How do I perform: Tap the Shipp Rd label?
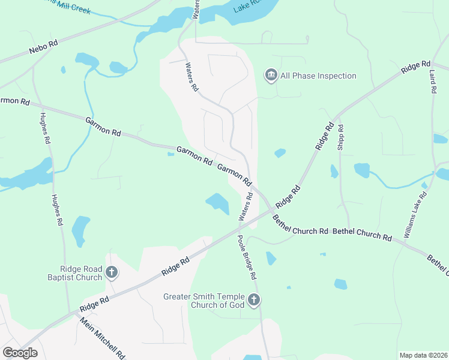pos(340,136)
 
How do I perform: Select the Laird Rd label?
pos(433,80)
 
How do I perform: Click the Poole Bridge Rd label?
pos(247,257)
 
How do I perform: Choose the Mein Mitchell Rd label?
pos(103,338)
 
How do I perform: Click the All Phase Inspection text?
pos(318,76)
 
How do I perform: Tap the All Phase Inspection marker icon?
pos(271,76)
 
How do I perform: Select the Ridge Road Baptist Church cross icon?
pos(111,273)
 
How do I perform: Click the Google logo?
pos(20,352)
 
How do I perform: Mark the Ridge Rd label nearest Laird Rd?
pos(416,67)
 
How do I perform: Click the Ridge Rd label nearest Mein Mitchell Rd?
pos(94,303)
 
